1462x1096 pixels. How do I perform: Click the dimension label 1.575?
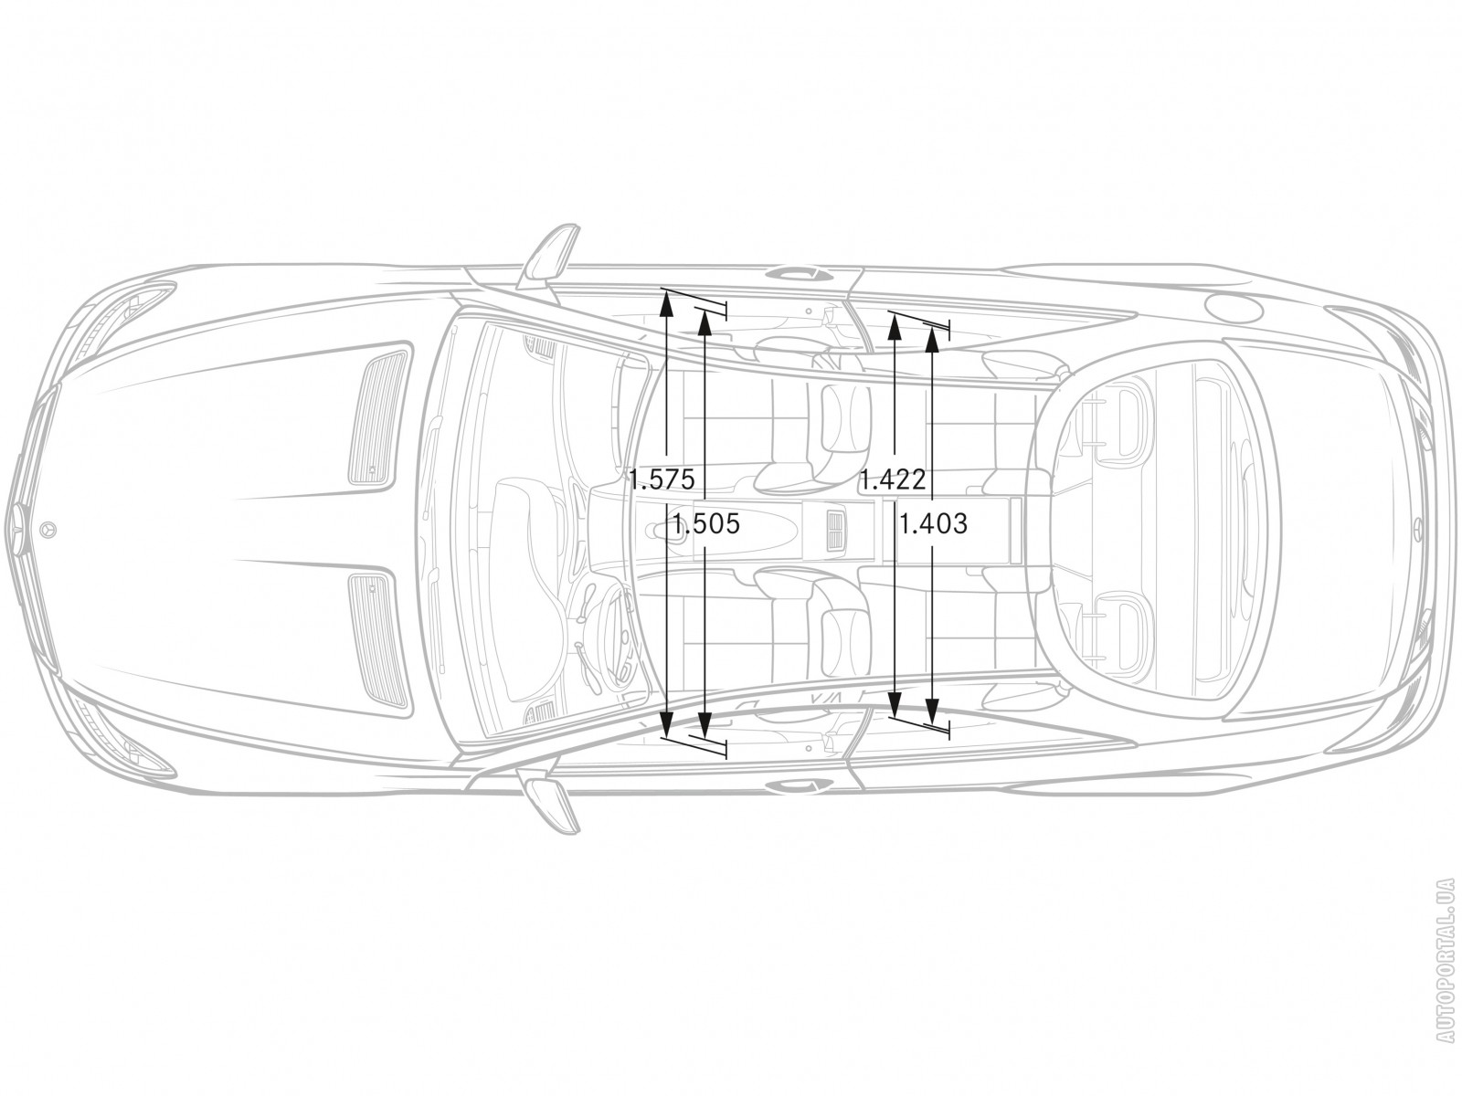[x=662, y=479]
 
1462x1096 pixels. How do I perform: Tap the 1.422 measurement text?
[x=893, y=479]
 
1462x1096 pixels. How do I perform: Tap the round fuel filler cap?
[x=1234, y=309]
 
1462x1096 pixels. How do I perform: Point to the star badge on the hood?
[x=48, y=530]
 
